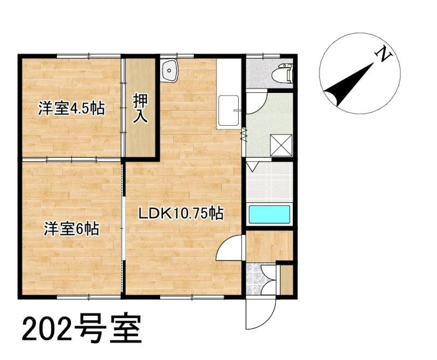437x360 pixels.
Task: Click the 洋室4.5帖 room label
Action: pos(72,108)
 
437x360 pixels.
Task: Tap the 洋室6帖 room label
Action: pos(72,229)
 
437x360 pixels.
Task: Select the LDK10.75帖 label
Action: pos(181,214)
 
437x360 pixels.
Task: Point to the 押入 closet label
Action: pos(140,108)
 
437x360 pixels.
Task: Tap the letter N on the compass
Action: pos(383,54)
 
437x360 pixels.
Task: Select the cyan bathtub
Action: pos(269,214)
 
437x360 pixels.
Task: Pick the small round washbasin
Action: pos(169,71)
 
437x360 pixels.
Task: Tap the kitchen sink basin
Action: pos(228,110)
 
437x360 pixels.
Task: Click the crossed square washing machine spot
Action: pos(281,145)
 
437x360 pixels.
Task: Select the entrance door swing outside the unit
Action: pos(261,314)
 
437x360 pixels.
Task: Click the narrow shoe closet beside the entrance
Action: pos(286,280)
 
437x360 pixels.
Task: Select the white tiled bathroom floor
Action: pos(269,182)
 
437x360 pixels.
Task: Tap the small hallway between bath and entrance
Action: pos(269,246)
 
